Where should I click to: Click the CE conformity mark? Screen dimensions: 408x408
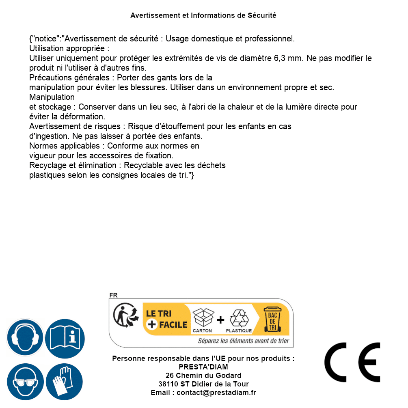[352, 362]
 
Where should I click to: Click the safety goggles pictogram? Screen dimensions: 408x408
[25, 382]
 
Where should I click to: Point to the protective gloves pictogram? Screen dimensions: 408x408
[64, 382]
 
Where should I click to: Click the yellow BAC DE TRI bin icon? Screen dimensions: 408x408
[272, 321]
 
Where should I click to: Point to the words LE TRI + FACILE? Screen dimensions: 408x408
[166, 319]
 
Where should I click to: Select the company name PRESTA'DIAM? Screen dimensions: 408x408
[203, 367]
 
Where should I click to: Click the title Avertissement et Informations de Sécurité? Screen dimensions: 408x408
[203, 15]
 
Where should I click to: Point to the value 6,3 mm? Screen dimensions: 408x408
[289, 58]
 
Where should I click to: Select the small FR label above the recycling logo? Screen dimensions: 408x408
[113, 295]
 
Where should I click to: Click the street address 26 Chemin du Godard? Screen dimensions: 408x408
[203, 376]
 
